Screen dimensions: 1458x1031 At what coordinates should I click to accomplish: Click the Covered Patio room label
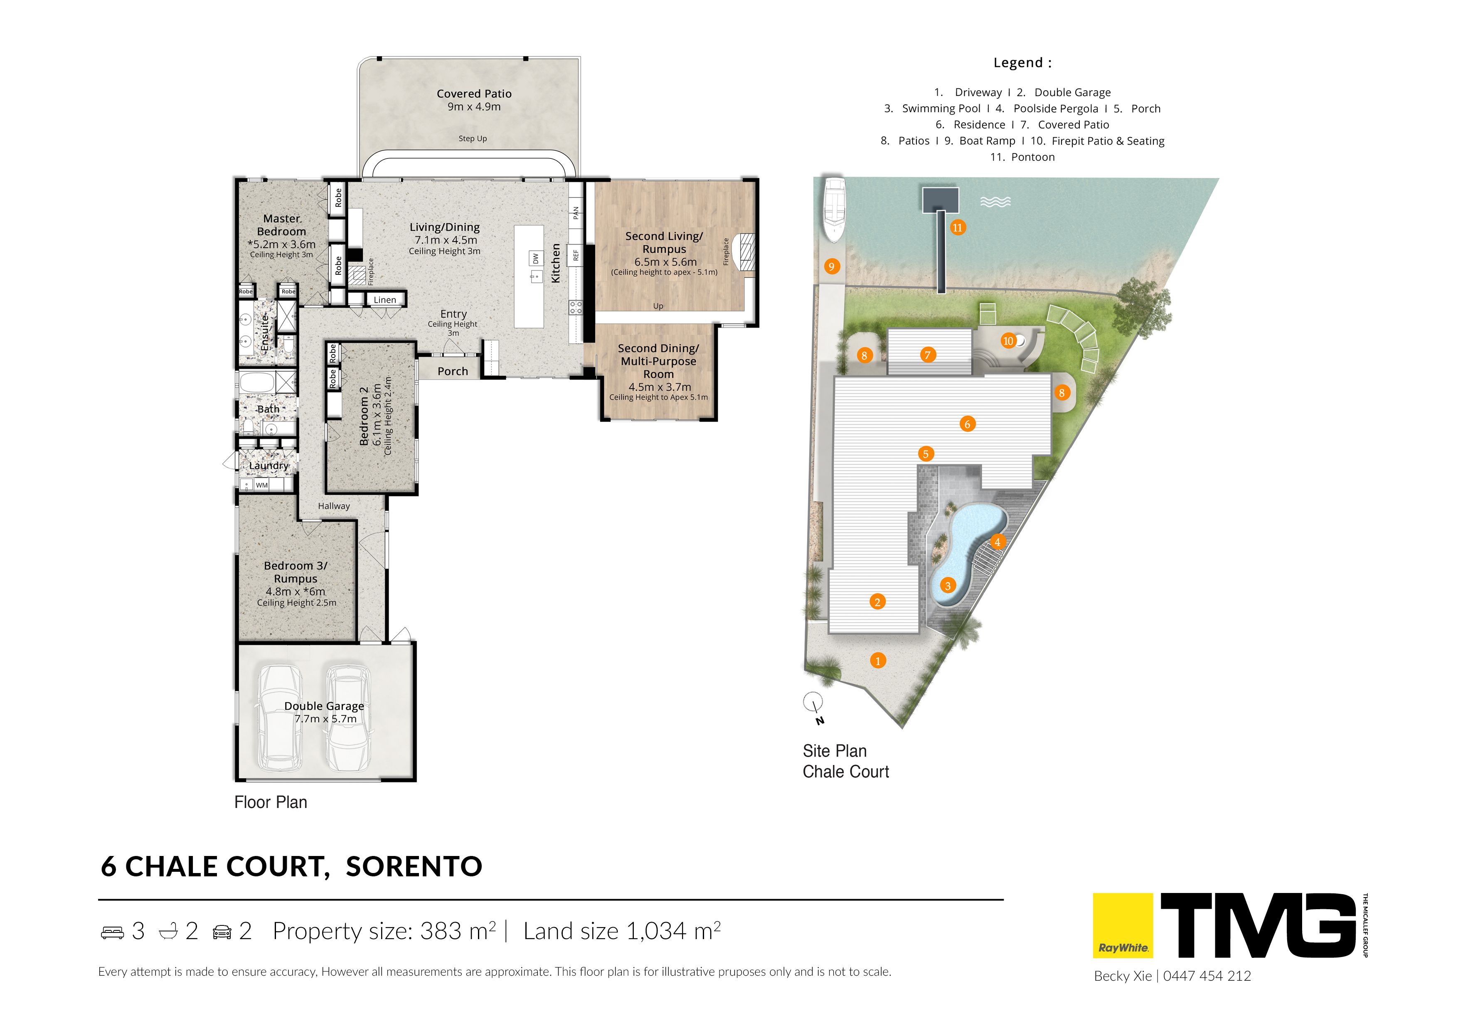pos(474,94)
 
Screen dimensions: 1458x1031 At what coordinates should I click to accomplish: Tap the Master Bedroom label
pos(281,225)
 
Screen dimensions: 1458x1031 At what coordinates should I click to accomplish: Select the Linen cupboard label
pos(385,300)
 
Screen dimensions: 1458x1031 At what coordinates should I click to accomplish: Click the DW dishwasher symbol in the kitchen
pos(535,259)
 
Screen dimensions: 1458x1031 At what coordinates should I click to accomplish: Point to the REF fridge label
pos(576,255)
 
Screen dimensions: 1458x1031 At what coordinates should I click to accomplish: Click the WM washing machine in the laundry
pos(261,485)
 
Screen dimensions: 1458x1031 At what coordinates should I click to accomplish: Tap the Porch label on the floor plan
pos(453,371)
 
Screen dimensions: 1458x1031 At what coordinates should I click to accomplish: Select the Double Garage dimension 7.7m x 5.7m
pos(326,718)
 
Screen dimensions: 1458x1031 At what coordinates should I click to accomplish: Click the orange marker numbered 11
pos(958,227)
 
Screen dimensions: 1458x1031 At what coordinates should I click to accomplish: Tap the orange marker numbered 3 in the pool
pos(948,586)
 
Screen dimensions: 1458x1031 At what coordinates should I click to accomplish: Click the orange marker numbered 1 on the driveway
pos(878,661)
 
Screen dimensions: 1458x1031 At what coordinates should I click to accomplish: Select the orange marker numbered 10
pos(1008,341)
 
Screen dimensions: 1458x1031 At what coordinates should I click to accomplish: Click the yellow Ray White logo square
pos(1123,925)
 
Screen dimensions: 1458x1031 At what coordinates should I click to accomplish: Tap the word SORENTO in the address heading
pos(414,866)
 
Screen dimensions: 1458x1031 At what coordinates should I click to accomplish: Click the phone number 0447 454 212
pos(1207,976)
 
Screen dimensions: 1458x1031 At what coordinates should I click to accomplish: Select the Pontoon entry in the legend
pos(1022,157)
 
